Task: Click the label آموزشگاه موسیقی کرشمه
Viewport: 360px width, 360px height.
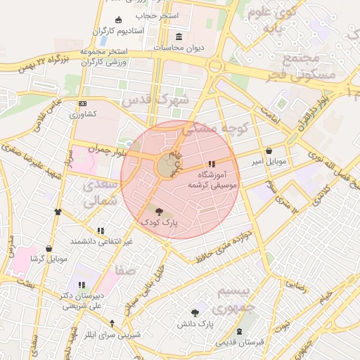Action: (x=213, y=179)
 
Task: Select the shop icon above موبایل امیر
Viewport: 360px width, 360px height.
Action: (x=270, y=150)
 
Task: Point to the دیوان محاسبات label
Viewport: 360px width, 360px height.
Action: (x=179, y=47)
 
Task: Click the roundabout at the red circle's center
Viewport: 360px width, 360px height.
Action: (x=167, y=167)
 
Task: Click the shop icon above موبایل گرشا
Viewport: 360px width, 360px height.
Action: (x=49, y=248)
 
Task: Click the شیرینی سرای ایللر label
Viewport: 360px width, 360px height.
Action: (x=112, y=334)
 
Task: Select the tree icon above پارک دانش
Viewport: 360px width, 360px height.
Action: (x=195, y=313)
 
